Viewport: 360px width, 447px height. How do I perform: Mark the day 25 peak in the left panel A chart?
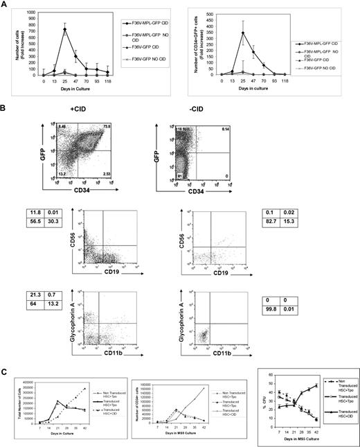click(x=64, y=29)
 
